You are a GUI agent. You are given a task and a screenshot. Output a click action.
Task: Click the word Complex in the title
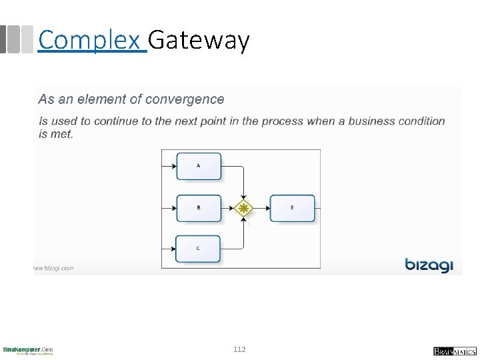(x=92, y=41)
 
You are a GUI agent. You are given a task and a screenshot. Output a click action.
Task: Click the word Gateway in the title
(x=199, y=41)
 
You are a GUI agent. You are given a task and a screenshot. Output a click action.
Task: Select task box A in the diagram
(x=199, y=166)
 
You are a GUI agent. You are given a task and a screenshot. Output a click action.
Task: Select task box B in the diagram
(x=199, y=208)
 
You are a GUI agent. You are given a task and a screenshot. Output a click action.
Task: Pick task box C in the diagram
(x=199, y=249)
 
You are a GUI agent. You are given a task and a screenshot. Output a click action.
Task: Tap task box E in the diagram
(x=292, y=208)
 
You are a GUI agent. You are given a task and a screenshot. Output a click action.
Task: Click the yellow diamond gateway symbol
(x=245, y=208)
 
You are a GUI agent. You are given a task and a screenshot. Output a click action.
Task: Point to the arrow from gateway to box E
(x=261, y=208)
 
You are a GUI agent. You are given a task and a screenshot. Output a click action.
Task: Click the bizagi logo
(x=429, y=265)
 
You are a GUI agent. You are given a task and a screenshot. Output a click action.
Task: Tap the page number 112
(x=239, y=349)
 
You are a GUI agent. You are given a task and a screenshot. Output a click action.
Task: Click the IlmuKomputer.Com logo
(x=28, y=350)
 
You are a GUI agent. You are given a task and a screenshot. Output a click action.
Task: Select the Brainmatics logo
(x=455, y=351)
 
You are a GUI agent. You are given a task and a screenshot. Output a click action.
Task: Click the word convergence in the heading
(x=185, y=99)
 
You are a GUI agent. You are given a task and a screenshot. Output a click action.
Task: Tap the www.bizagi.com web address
(x=54, y=268)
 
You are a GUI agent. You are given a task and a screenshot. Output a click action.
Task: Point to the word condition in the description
(x=421, y=121)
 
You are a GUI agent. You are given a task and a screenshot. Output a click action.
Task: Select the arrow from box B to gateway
(x=228, y=208)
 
